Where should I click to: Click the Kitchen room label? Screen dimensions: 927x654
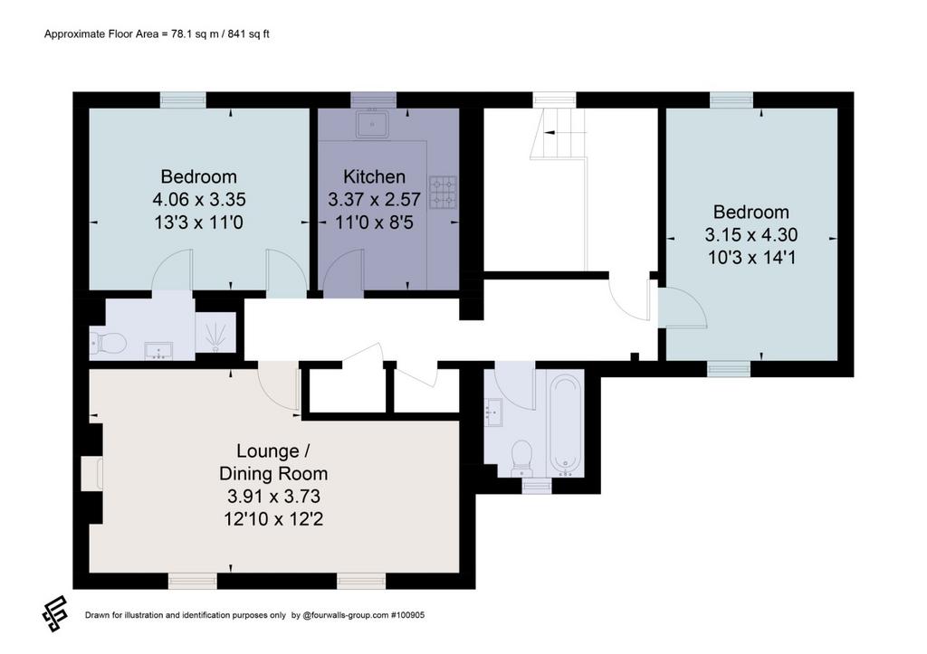click(374, 176)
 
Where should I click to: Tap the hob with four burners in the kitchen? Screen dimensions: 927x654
click(443, 192)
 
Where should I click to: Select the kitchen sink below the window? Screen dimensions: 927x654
click(372, 124)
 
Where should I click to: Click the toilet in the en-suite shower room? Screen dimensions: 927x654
click(109, 342)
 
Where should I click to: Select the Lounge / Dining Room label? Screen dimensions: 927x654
click(273, 462)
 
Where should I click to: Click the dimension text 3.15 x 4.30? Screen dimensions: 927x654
click(750, 234)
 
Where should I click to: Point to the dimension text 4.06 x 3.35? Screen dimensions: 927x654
click(198, 199)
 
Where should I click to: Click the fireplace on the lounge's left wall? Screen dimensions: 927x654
click(96, 473)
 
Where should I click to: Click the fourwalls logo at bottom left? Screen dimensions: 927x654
click(55, 614)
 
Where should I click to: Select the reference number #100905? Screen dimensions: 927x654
click(407, 615)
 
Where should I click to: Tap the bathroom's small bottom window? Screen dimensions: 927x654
click(537, 486)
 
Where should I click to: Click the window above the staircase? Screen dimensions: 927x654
click(555, 100)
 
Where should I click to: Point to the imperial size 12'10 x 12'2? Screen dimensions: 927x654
click(273, 518)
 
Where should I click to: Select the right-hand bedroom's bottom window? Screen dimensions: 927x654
click(729, 369)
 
